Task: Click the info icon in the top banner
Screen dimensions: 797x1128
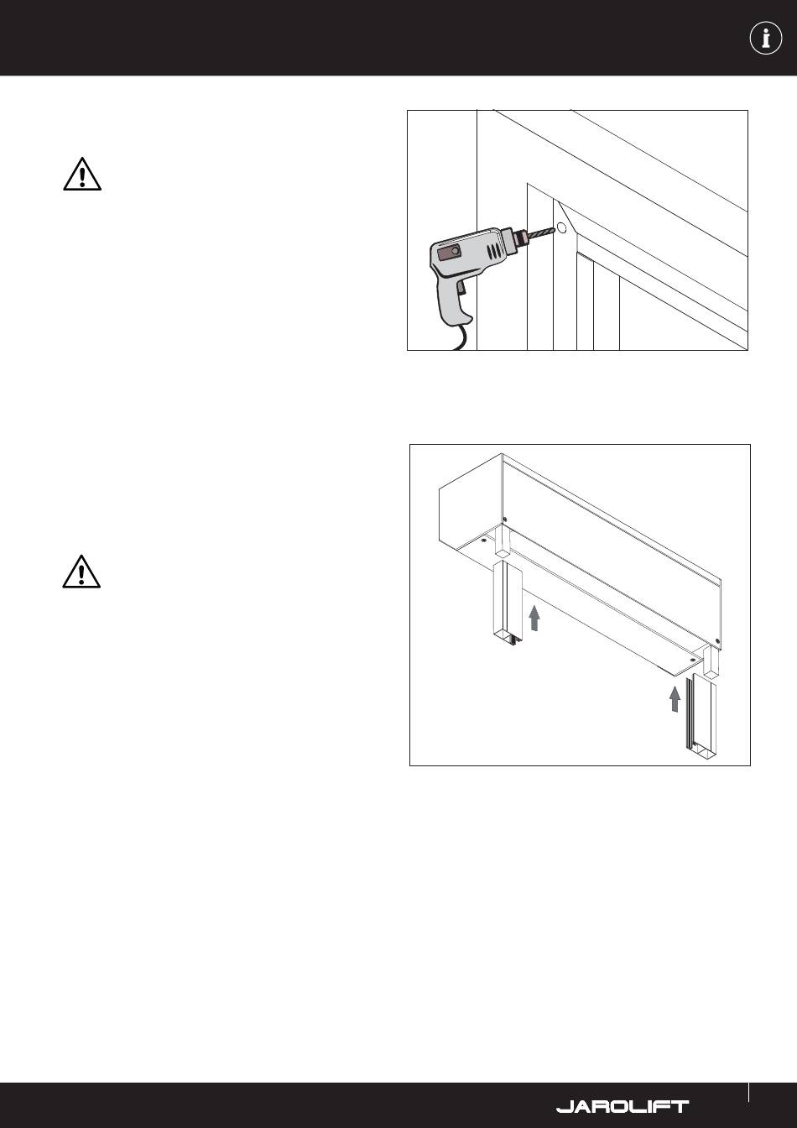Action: click(766, 38)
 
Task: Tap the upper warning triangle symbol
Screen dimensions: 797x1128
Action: click(82, 175)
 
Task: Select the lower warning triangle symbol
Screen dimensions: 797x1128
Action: click(81, 572)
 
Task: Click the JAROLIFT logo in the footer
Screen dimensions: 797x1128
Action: click(622, 1106)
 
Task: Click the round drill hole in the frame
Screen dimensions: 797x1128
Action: click(562, 228)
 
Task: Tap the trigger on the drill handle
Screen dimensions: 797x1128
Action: click(461, 288)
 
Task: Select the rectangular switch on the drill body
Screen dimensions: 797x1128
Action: click(449, 253)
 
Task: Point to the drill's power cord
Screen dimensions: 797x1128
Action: click(461, 337)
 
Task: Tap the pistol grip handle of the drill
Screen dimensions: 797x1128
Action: click(455, 300)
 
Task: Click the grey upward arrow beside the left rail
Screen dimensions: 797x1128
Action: click(534, 618)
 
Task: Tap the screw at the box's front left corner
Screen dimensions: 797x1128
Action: click(504, 520)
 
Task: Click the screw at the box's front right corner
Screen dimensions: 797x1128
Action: click(718, 641)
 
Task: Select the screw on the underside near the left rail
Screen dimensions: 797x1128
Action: click(483, 540)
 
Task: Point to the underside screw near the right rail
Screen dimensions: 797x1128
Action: click(693, 658)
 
